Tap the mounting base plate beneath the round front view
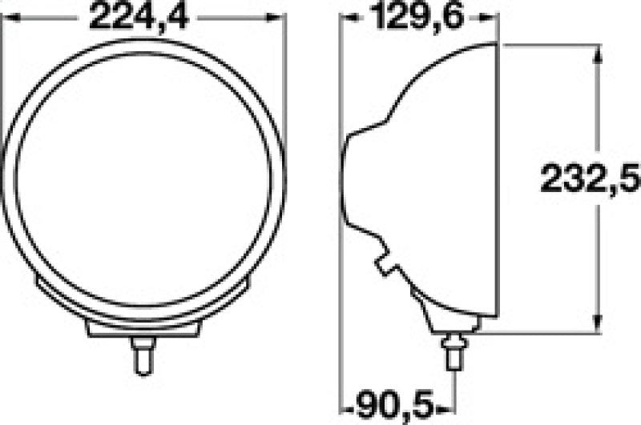[142, 329]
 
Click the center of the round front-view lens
[142, 176]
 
